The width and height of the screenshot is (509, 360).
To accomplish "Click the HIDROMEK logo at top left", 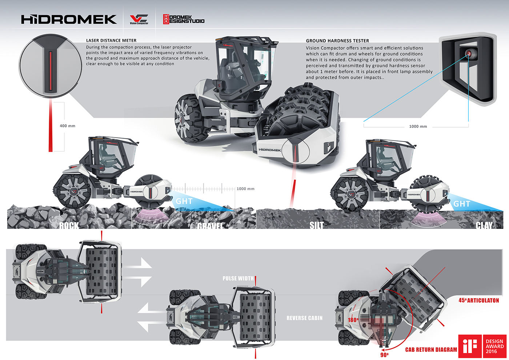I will (69, 19).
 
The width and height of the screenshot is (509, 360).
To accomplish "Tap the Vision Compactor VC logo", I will (139, 19).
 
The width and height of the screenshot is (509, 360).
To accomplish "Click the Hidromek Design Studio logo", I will (184, 19).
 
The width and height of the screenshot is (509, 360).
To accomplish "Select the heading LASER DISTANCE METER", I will (111, 40).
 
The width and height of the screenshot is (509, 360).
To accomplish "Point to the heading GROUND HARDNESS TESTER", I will (337, 41).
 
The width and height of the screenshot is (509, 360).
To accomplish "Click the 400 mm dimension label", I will (67, 126).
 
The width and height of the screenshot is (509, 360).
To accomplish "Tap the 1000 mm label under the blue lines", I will (418, 127).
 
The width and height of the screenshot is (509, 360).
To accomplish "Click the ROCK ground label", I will (69, 225).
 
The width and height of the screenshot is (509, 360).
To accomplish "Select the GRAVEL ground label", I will (210, 226).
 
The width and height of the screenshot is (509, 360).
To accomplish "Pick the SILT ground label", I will (316, 225).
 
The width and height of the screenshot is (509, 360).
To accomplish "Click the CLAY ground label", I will (484, 225).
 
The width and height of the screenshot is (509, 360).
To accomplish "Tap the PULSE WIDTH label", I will (238, 278).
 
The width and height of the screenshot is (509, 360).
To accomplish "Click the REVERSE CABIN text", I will (304, 318).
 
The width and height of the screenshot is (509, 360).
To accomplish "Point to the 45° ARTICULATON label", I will (478, 300).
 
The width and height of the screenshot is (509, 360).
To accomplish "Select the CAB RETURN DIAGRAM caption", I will (431, 349).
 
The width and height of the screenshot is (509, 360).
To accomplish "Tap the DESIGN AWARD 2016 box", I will (494, 346).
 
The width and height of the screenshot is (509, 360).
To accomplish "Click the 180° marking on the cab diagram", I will (353, 320).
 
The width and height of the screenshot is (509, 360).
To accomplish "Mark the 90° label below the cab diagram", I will (384, 355).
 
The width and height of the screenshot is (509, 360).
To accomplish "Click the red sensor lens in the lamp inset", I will (469, 53).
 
